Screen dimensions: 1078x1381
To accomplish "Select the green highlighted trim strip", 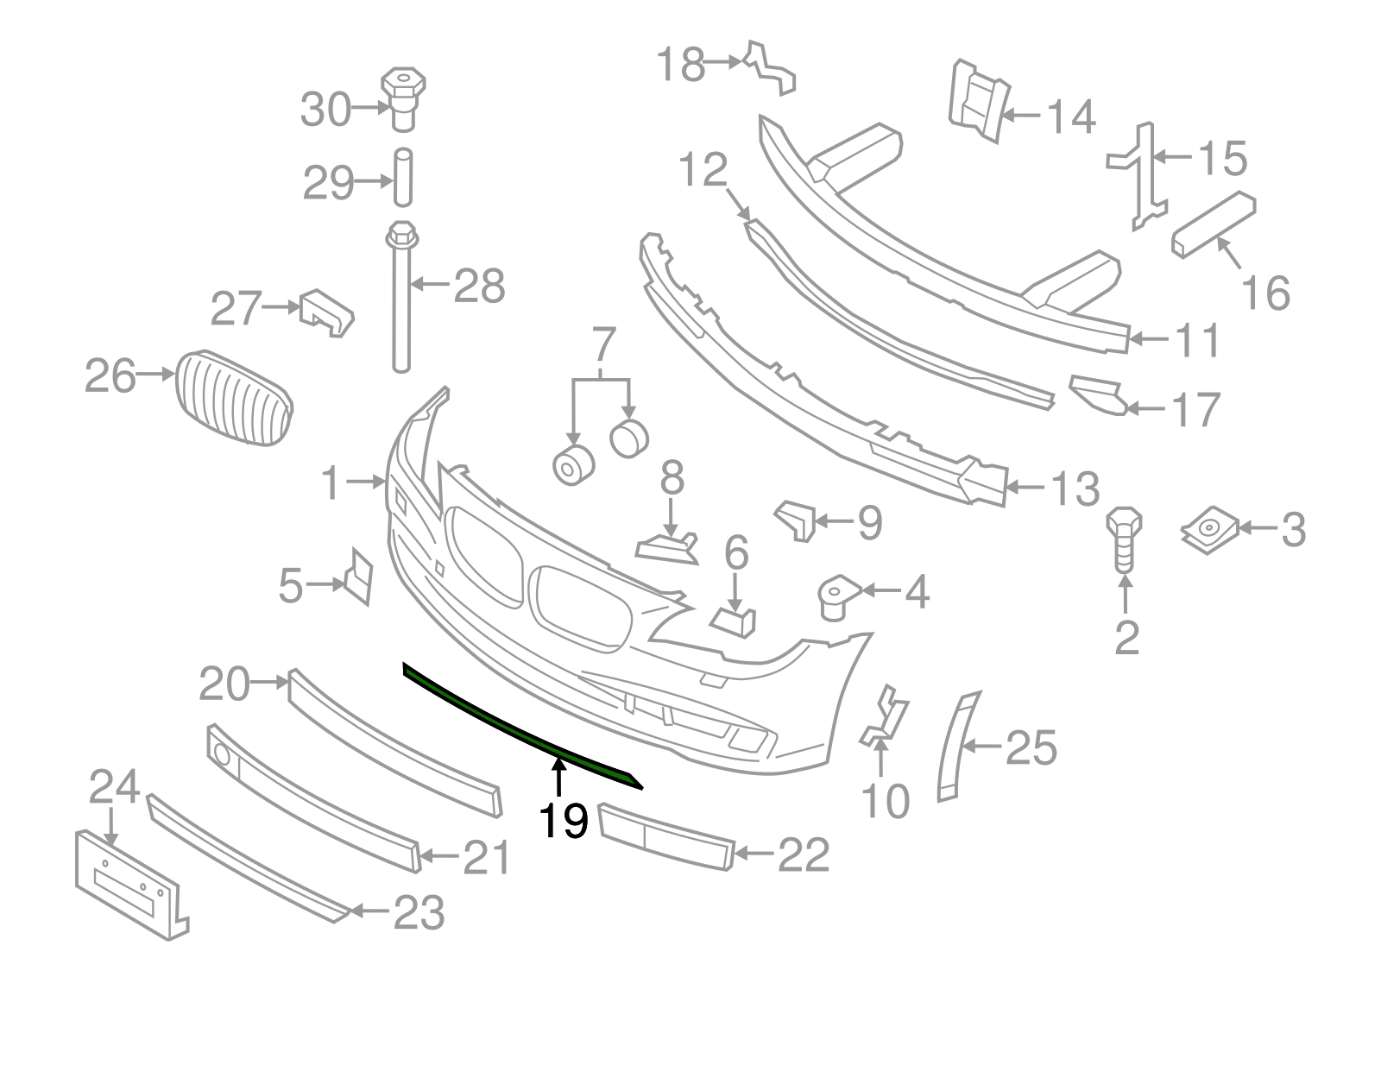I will click(x=518, y=726).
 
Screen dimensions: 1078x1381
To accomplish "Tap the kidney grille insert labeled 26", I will click(x=234, y=398).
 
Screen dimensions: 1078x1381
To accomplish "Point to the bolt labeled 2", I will click(x=1124, y=539).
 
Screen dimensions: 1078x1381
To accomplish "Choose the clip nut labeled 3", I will click(x=1208, y=530).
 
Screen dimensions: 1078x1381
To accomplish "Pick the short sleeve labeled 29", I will click(x=403, y=177).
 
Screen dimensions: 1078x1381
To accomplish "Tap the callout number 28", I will click(x=479, y=286).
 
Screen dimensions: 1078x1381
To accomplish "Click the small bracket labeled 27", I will click(x=325, y=313).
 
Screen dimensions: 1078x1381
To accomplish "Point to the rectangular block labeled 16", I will click(x=1213, y=224).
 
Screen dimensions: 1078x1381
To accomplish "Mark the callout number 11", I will click(x=1195, y=340).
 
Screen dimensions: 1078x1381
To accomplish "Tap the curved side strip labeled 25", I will click(x=956, y=743).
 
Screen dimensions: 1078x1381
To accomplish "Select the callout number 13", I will click(x=1074, y=489).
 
